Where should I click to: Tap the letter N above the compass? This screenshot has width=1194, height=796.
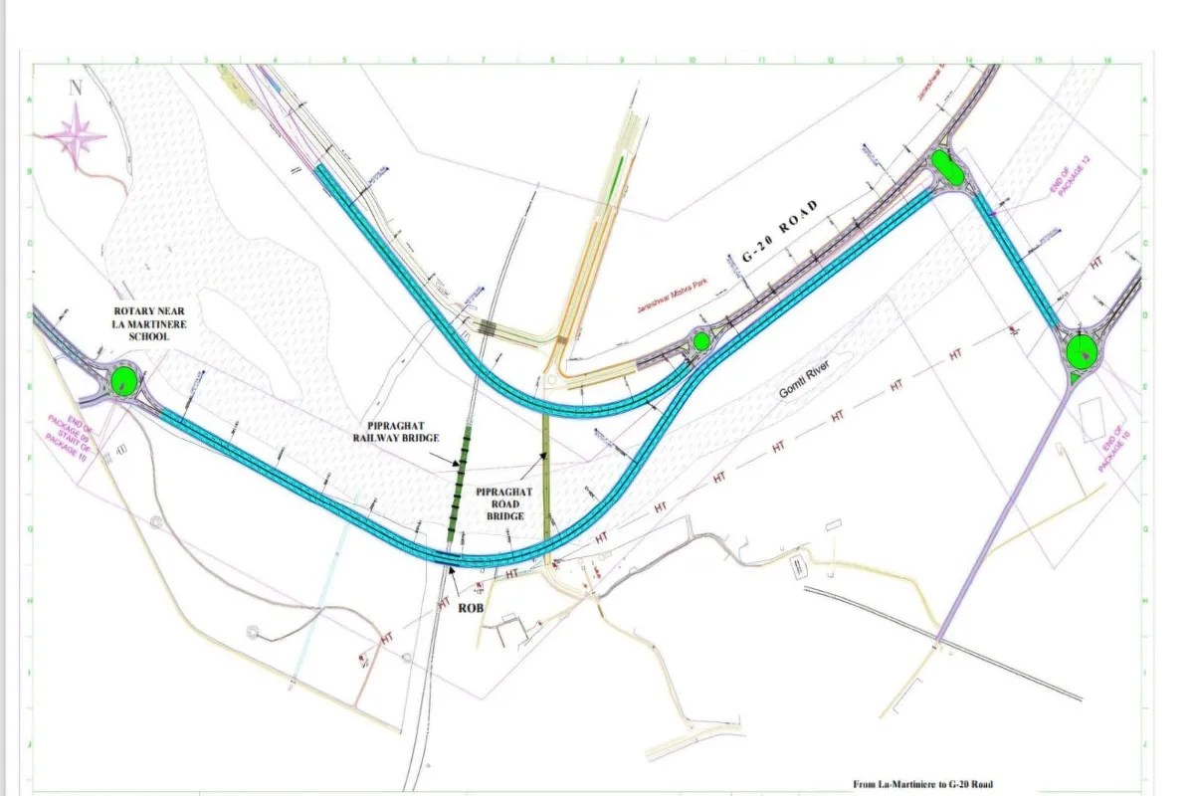pos(75,87)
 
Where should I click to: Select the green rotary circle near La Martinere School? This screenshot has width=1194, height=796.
pos(123,379)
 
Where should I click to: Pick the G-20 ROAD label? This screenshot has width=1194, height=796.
pos(781,232)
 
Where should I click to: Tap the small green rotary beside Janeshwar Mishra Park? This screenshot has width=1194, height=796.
pos(700,341)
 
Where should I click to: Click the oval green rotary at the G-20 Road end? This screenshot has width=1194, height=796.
pos(946,168)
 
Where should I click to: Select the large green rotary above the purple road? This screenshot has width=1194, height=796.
pos(1080,351)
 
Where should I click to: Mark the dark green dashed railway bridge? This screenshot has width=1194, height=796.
pos(459,483)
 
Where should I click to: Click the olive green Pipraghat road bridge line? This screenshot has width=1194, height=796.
pos(546,478)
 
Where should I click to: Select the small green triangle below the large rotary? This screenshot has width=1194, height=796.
pos(1074,379)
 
